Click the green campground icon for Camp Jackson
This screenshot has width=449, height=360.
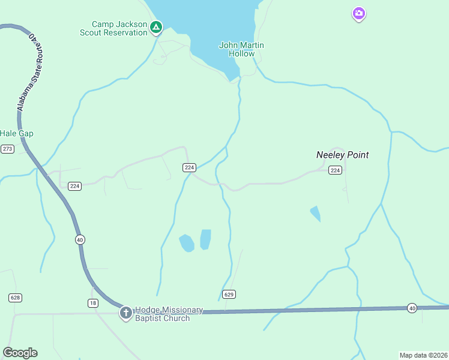155,27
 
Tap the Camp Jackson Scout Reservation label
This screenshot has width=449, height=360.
114,28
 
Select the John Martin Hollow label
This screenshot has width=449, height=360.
241,49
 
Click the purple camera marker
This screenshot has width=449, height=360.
358,13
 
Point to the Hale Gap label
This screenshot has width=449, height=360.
16,133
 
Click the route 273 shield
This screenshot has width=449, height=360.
7,149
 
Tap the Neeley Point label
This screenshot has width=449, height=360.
342,155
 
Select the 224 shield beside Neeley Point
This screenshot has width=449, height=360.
336,170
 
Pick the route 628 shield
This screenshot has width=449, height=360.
16,298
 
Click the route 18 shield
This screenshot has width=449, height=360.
92,303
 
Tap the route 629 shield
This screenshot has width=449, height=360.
228,294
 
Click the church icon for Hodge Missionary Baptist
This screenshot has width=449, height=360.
125,313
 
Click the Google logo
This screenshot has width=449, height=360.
20,353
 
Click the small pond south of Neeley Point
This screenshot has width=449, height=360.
315,213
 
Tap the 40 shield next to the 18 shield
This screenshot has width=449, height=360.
80,239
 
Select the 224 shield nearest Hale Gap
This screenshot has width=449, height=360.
74,186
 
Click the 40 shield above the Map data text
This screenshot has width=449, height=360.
411,308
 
